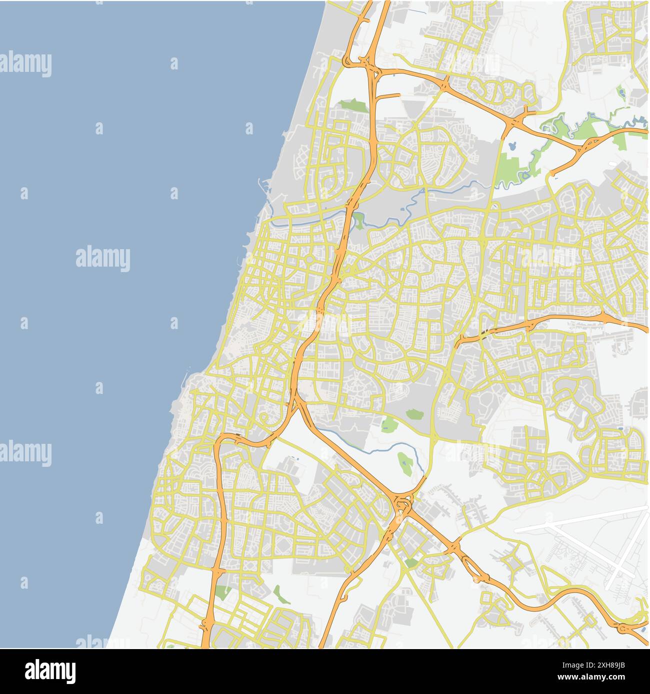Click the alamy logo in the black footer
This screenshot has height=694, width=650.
pos(50,671)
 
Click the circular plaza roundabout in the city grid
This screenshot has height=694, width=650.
pos(308,259)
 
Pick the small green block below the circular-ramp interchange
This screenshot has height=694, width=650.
pos(411,563)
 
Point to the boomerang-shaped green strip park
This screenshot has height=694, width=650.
pos(281,594)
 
